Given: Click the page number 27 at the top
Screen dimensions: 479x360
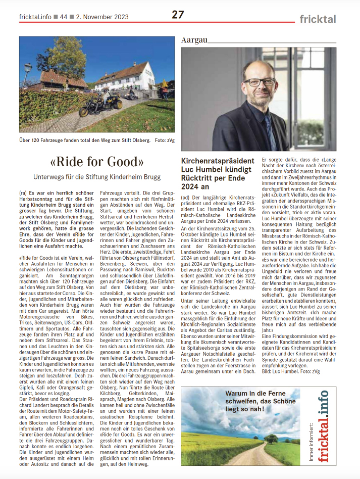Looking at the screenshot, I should coord(178,15).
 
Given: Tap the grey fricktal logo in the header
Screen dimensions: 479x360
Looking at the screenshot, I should coord(318,19).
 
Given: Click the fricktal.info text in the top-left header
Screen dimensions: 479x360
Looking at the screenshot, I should coord(35,17).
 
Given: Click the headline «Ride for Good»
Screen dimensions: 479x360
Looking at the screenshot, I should coord(97,162).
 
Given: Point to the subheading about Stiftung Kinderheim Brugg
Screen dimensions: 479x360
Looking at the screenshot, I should coord(97,177).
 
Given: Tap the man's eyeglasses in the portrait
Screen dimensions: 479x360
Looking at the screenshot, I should coord(259,81).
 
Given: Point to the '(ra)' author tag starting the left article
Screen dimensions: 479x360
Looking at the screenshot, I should coord(23,193).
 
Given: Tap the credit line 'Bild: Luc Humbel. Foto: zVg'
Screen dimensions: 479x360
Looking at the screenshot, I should coord(290,372).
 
